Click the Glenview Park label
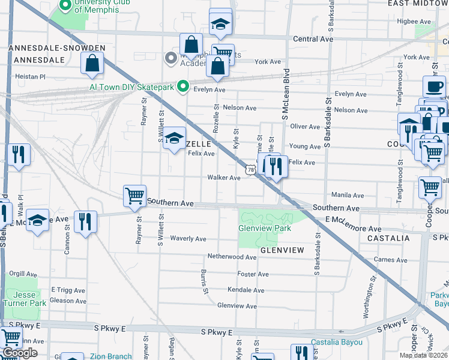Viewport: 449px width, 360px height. pos(265,229)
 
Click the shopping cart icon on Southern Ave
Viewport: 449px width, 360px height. pos(134,196)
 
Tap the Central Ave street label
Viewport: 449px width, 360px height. pos(313,39)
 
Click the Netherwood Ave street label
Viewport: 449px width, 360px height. pos(232,256)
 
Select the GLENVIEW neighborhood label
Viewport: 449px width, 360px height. pos(283,249)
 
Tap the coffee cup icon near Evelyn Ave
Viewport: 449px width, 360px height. pos(433,86)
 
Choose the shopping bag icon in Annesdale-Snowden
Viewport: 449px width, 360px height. pos(92,64)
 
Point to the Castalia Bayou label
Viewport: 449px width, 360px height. pos(336,343)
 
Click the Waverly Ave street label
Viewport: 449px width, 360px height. pos(188,239)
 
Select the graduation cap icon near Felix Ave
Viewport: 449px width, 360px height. pos(174,139)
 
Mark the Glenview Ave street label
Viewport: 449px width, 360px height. pos(237,306)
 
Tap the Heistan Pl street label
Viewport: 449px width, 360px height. pos(30,77)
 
